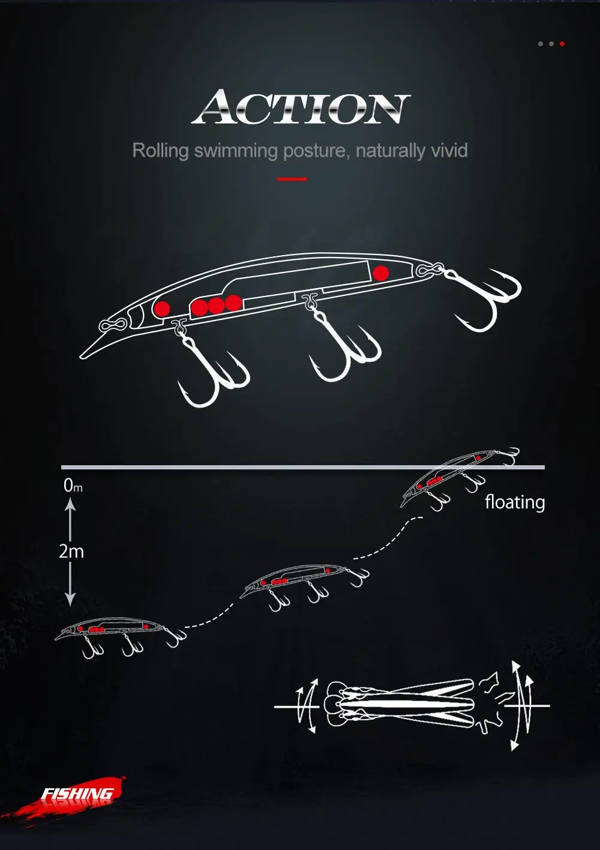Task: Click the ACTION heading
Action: click(x=301, y=108)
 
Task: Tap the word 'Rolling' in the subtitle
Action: click(x=160, y=150)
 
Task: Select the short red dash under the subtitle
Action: click(x=292, y=179)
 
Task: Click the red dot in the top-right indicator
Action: click(x=562, y=44)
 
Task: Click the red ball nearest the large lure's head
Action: click(x=161, y=309)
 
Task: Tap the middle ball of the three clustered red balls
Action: click(x=216, y=306)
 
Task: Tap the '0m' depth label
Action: click(x=73, y=486)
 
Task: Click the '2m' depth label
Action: click(x=71, y=551)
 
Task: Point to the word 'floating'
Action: click(x=515, y=502)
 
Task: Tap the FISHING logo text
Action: click(x=77, y=794)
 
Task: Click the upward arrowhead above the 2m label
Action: click(x=70, y=506)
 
